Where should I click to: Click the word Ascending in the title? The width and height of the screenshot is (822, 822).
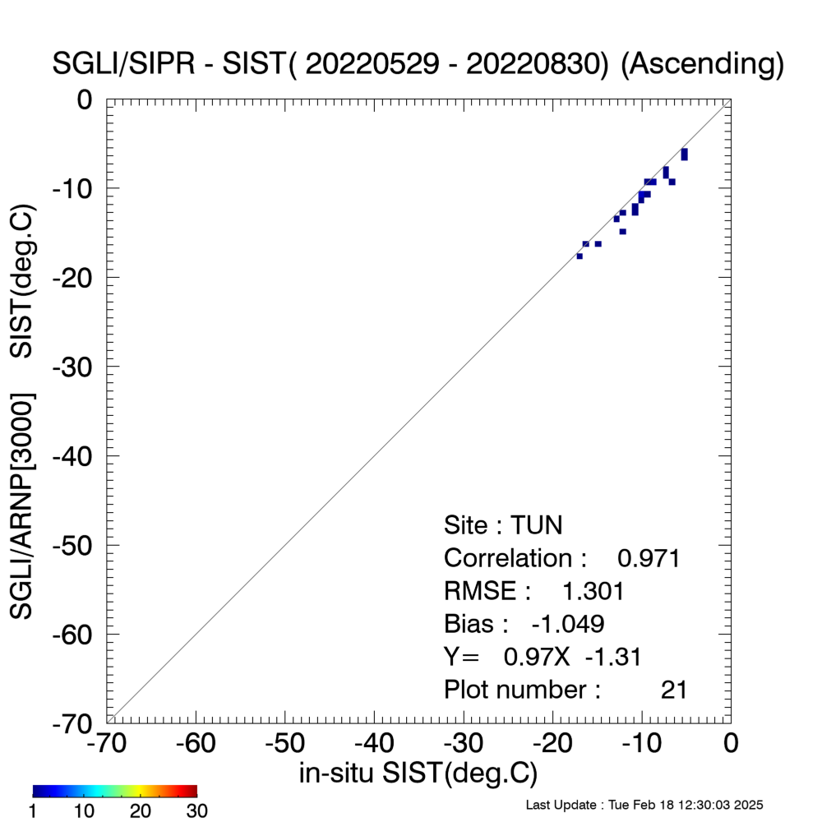(x=701, y=64)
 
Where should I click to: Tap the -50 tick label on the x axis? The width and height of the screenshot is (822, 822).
(x=284, y=743)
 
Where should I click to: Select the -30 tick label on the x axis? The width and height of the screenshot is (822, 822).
(x=464, y=743)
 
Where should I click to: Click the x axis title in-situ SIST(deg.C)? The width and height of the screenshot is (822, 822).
(x=418, y=773)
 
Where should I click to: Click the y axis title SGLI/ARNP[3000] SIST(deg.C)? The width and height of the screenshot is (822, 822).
(x=22, y=412)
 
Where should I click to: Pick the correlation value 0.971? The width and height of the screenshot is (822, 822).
(x=649, y=558)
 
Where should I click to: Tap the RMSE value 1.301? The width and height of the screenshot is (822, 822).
(x=593, y=591)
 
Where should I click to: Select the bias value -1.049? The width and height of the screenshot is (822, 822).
(x=568, y=624)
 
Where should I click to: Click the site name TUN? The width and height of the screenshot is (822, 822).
(x=536, y=525)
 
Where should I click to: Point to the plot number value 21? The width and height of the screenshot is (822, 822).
(x=674, y=690)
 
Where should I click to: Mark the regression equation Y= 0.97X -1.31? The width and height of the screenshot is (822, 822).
(x=543, y=657)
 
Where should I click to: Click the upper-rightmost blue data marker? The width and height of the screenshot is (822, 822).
(x=684, y=155)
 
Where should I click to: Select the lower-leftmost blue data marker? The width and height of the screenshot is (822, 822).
(x=580, y=256)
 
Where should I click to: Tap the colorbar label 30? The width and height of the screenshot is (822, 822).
(x=196, y=810)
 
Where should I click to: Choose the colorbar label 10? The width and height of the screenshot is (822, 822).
(x=84, y=810)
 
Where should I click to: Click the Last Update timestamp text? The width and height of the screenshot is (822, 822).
(x=644, y=805)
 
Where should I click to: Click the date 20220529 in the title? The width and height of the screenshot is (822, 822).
(x=372, y=64)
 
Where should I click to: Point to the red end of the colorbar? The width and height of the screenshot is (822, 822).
(x=194, y=791)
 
